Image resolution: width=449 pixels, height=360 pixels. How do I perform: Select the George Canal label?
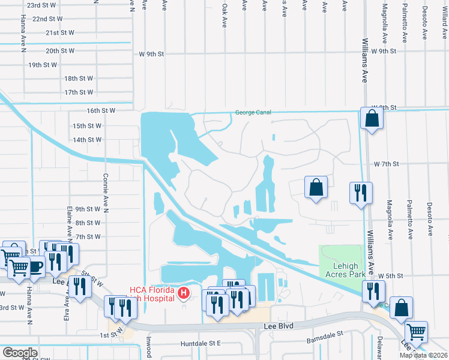(x=253, y=112)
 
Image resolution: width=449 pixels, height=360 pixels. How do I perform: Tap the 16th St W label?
(x=100, y=111)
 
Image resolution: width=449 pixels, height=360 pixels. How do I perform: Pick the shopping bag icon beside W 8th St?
(x=372, y=118)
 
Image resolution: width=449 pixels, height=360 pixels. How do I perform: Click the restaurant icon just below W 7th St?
(x=361, y=193)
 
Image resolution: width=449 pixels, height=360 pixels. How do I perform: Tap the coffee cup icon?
(x=35, y=266)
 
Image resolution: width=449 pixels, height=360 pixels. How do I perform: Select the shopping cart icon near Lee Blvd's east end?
(x=416, y=331)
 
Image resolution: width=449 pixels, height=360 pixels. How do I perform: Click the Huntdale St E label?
(x=200, y=344)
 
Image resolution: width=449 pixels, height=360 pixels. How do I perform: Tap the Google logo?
(x=20, y=353)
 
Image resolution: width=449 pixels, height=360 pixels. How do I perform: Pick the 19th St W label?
(x=43, y=65)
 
